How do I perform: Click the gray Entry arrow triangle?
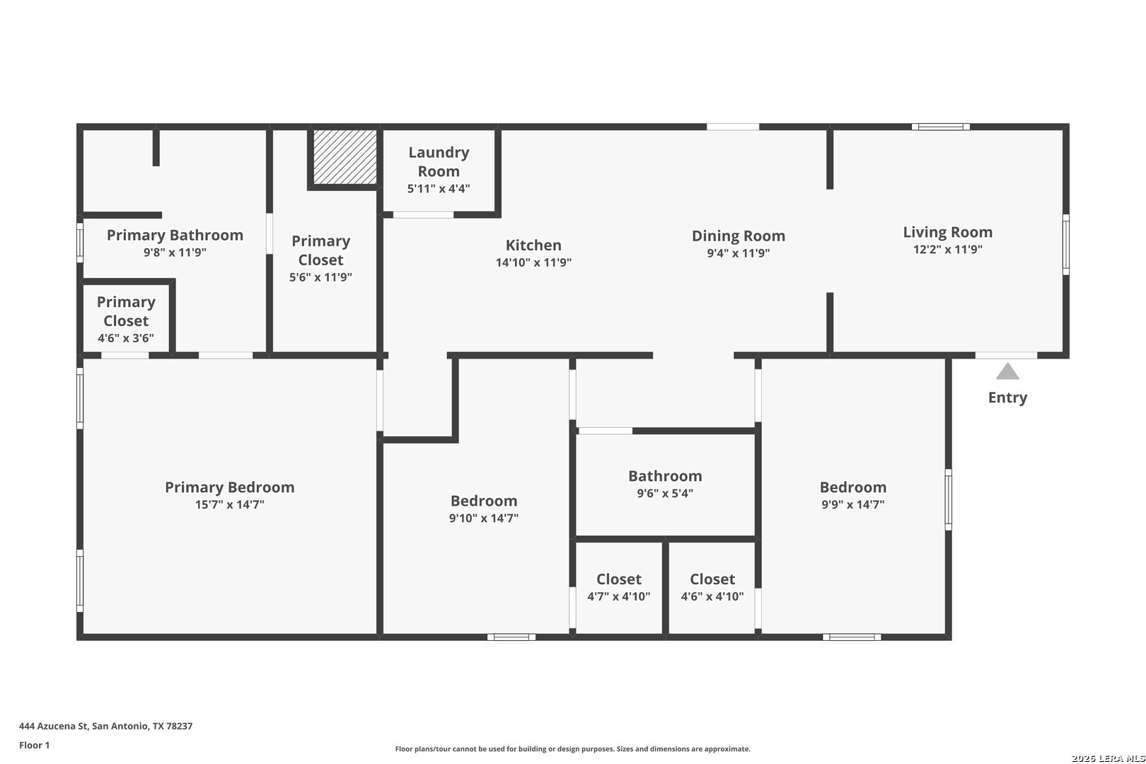pos(1007,371)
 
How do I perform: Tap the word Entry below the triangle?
pos(1007,398)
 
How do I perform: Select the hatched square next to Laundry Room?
pos(345,156)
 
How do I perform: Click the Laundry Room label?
pos(439,162)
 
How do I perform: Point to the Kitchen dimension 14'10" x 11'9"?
pos(533,262)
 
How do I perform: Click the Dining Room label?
pos(739,236)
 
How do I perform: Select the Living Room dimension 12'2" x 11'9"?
pos(947,249)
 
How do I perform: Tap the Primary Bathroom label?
pos(175,236)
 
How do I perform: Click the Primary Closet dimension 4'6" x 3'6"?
pos(126,338)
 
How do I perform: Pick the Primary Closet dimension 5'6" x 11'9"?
pos(320,277)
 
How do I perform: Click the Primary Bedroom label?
pos(230,487)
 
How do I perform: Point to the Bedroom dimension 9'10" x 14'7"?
pos(483,518)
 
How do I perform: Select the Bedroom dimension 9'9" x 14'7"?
pos(853,504)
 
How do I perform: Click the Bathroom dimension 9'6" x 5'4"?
pos(664,493)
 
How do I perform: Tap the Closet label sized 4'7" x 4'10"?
pos(618,579)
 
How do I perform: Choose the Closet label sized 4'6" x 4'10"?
pos(712,579)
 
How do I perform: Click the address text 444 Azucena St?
pos(53,726)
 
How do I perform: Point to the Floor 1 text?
pos(34,745)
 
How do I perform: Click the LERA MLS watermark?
pos(1108,758)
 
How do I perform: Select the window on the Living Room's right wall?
pos(1065,245)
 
